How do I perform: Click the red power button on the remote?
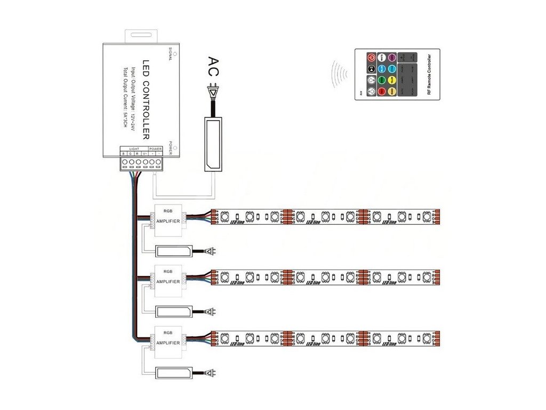[x=371, y=58]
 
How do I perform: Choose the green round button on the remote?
[x=382, y=80]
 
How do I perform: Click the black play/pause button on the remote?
[x=371, y=69]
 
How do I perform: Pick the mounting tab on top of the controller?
[x=140, y=36]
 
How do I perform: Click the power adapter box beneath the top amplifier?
[x=173, y=250]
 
